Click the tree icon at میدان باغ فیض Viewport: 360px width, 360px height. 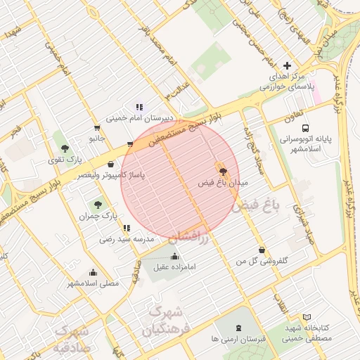pyautogui.click(x=223, y=171)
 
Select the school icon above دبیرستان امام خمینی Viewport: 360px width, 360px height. pyautogui.click(x=139, y=107)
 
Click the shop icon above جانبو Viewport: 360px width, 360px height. pyautogui.click(x=96, y=128)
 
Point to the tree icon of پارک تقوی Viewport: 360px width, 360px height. pyautogui.click(x=65, y=148)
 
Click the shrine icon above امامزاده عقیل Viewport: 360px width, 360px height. pyautogui.click(x=174, y=256)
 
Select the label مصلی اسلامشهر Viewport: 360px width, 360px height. pyautogui.click(x=94, y=283)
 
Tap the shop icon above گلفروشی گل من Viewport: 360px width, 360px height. pyautogui.click(x=262, y=250)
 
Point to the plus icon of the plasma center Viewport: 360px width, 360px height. pyautogui.click(x=287, y=65)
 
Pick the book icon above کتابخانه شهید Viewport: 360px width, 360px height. pyautogui.click(x=306, y=317)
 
